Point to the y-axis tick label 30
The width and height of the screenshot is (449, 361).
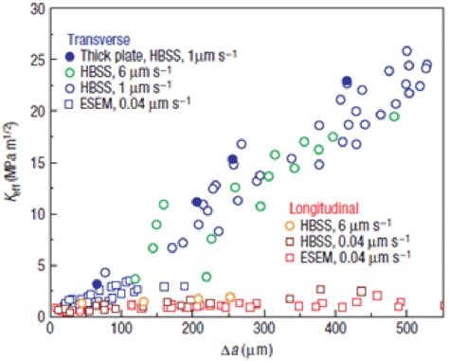[37, 9]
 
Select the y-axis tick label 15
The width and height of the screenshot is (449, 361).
[37, 162]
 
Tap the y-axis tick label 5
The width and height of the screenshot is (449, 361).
[41, 265]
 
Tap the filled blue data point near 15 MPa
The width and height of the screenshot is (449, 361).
[232, 159]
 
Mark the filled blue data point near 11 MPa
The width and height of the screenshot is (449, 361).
[197, 202]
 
